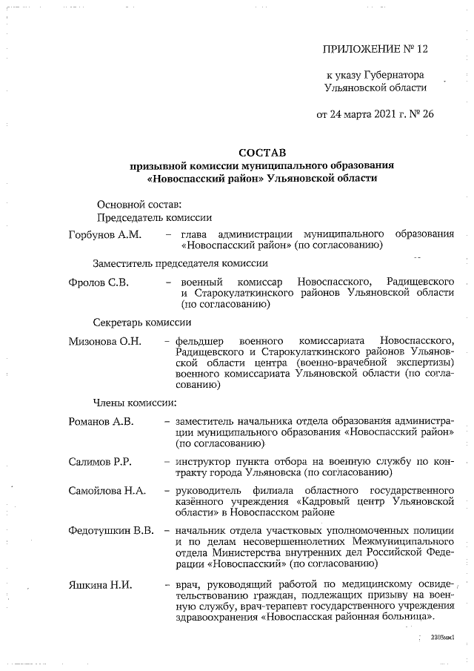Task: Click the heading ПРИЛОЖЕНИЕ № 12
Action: coord(375,50)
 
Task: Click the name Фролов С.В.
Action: coord(96,282)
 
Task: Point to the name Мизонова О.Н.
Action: coord(104,342)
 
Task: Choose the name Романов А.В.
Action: coord(101,421)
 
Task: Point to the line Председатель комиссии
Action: coord(155,217)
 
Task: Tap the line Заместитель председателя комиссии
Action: coord(180,263)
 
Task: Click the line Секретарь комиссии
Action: coord(142,322)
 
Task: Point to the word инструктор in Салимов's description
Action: coord(204,461)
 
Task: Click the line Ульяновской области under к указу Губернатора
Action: coord(375,87)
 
